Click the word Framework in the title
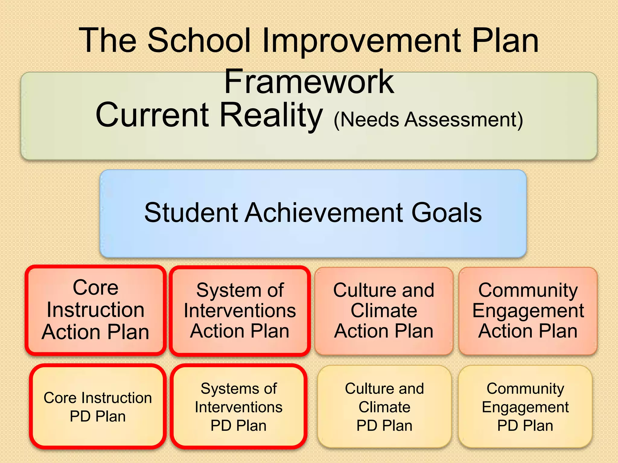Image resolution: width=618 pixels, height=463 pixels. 309,81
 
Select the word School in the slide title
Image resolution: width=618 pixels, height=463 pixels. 199,41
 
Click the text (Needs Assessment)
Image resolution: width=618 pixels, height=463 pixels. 428,120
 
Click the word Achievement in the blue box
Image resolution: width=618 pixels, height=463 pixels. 325,213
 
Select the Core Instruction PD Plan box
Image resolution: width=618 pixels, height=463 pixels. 97,407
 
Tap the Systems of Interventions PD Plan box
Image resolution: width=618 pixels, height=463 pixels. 239,407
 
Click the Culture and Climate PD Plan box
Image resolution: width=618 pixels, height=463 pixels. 384,407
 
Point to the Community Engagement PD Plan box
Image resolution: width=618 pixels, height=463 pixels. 525,407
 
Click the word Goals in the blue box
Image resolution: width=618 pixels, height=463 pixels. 447,213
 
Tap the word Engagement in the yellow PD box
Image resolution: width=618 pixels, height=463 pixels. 525,407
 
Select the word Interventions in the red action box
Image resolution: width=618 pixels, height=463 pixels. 240,311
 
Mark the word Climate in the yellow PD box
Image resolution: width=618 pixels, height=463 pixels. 384,407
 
